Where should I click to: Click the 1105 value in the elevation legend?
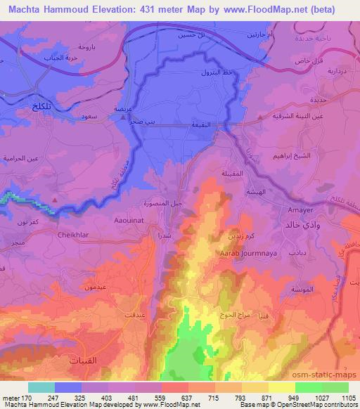[x=347, y=398]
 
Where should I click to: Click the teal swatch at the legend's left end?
[x=41, y=387]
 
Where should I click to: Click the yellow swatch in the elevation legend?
[x=282, y=387]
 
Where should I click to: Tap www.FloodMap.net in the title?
[x=262, y=9]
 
